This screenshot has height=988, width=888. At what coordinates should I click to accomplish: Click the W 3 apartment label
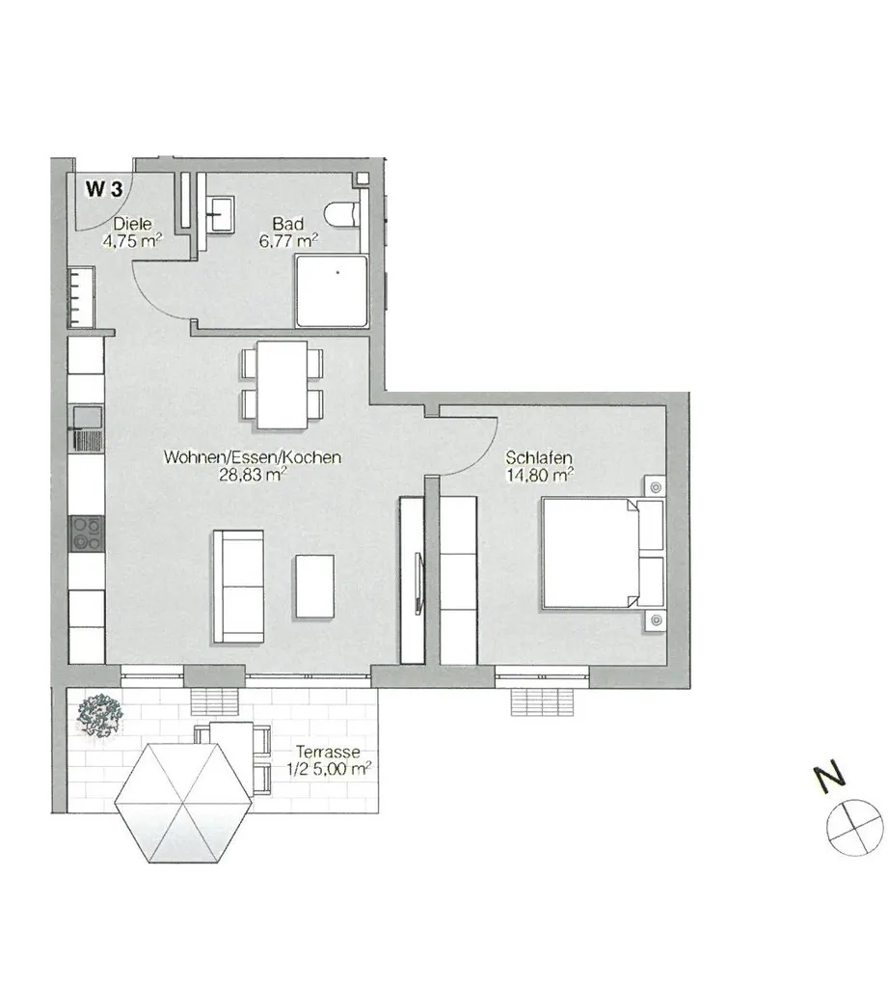click(104, 188)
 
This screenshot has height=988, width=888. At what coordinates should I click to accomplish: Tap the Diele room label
click(132, 224)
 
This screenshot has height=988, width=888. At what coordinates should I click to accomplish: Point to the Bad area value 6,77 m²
click(288, 240)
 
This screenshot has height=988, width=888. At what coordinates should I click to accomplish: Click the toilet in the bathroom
click(342, 213)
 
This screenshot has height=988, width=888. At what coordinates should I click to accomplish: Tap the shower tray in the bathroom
click(332, 290)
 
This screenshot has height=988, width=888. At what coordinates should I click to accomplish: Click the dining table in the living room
click(283, 385)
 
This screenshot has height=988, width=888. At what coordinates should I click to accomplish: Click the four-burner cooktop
click(87, 534)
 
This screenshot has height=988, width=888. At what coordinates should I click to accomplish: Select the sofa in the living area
click(238, 586)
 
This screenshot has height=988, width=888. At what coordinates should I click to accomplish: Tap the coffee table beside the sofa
click(315, 586)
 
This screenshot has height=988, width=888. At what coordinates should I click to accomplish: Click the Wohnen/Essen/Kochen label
click(252, 457)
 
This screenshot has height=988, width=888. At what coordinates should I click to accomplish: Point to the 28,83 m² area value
click(253, 475)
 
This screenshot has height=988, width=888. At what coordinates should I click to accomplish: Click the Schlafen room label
click(538, 457)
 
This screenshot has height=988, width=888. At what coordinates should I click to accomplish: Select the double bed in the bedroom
click(603, 554)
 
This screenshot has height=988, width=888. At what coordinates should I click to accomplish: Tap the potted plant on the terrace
click(98, 716)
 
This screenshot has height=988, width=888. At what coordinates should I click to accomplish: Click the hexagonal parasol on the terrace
click(183, 803)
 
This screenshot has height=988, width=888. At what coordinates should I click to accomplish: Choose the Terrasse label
click(328, 752)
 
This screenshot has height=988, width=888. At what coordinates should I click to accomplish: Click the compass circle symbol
click(854, 827)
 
